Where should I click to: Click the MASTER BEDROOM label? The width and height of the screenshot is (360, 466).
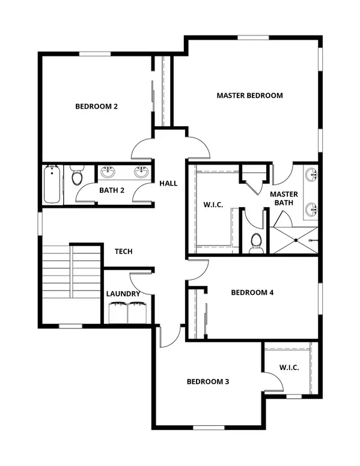249,95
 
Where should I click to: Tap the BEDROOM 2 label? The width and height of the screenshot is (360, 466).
96,106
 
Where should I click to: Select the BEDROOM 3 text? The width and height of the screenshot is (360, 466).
208,381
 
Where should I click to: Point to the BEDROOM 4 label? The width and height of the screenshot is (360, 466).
252,292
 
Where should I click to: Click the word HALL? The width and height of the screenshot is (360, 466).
168,183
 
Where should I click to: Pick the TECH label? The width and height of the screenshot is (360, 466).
123,252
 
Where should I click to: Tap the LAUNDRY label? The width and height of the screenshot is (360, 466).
123,294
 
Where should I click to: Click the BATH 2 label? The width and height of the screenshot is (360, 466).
112,190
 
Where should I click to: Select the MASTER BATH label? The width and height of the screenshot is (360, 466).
284,198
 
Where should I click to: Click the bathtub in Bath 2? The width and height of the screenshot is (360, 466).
52,184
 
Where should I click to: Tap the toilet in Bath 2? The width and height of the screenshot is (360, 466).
77,175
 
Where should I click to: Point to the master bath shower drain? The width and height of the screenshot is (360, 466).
296,240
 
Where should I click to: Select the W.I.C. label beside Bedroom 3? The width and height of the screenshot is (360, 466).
289,368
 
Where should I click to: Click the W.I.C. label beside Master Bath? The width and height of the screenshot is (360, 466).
213,205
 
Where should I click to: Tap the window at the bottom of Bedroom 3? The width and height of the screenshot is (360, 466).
209,428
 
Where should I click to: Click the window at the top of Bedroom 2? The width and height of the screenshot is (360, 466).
95,54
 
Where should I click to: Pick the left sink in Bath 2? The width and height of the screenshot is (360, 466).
107,172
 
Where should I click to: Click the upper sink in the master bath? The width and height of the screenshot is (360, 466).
311,174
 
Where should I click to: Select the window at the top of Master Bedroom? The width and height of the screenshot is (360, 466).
253,38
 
